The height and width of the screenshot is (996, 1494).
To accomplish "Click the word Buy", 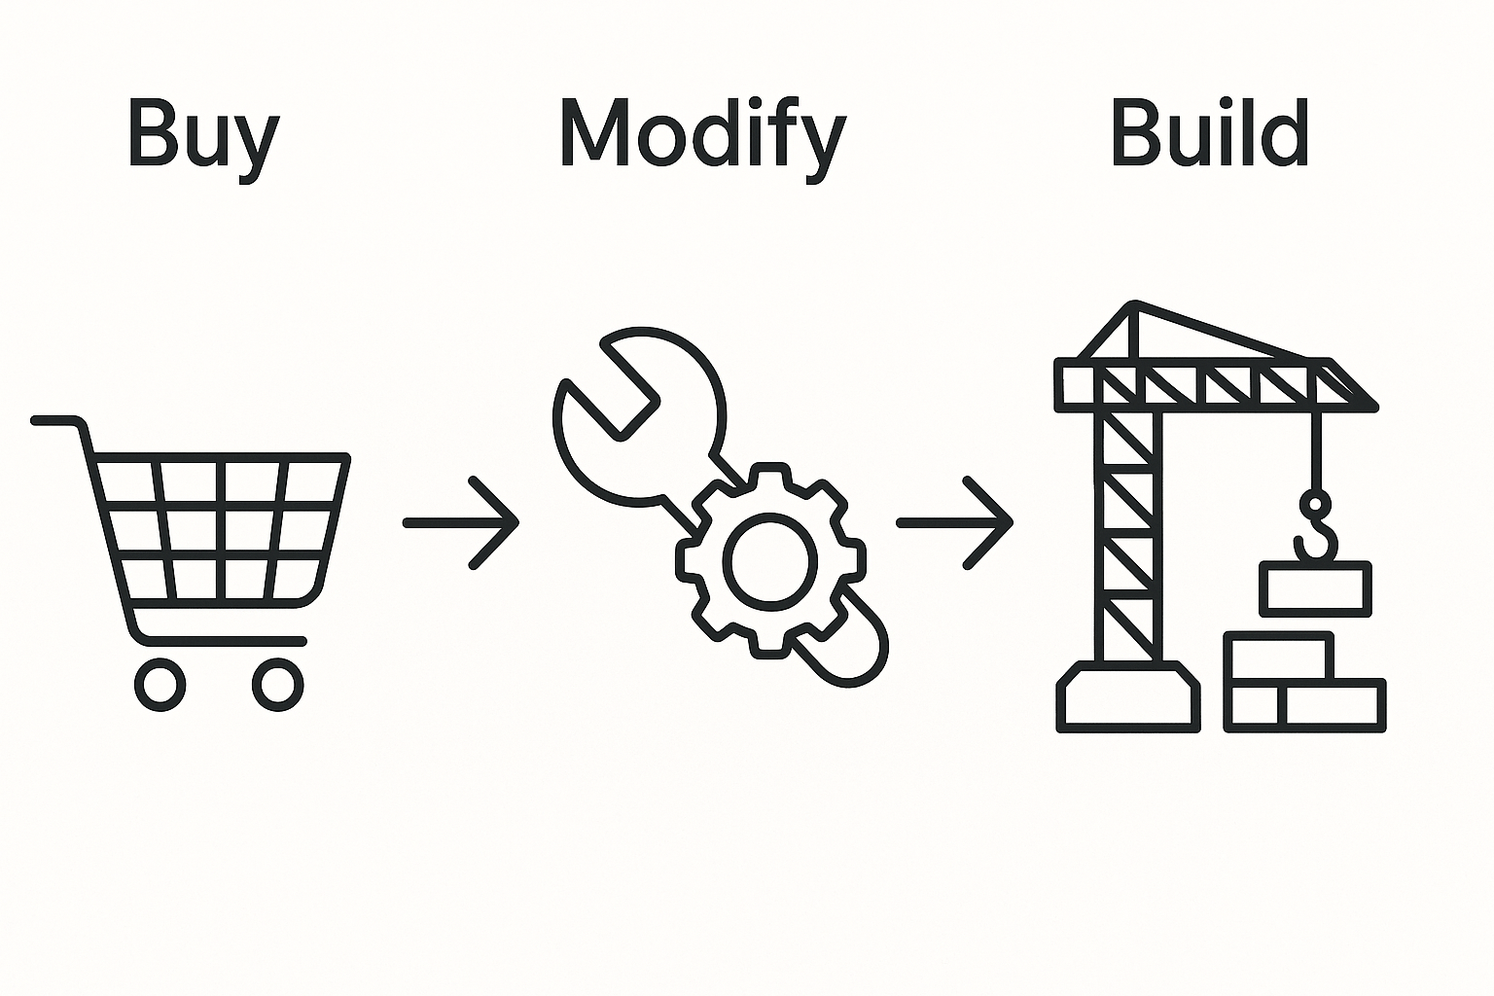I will (x=203, y=136).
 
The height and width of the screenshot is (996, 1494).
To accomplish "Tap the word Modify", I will (x=702, y=136).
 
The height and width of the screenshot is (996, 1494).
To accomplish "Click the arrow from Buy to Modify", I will (x=462, y=522).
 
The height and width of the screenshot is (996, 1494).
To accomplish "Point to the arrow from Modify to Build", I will (x=955, y=522).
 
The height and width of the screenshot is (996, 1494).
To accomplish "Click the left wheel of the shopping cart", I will (x=160, y=684).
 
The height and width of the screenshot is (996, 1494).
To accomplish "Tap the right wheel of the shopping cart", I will (x=277, y=684).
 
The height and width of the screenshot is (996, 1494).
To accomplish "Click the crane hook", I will (x=1315, y=530).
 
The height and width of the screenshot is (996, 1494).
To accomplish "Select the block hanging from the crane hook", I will (x=1315, y=588).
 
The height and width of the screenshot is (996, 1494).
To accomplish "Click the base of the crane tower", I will (x=1128, y=696).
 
